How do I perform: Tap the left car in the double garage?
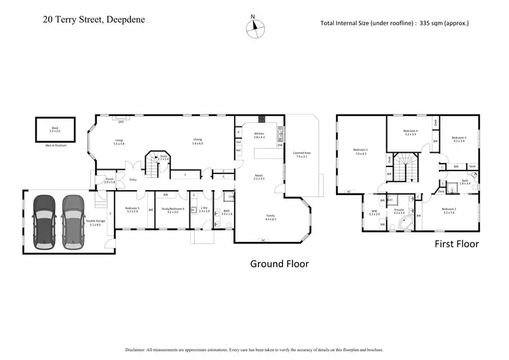(x=44, y=217)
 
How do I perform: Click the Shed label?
(x=54, y=128)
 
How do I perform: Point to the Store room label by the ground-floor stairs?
(x=163, y=158)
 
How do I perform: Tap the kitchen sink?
(x=280, y=134)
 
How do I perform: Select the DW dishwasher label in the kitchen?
(x=280, y=145)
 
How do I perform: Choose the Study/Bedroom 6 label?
(x=170, y=209)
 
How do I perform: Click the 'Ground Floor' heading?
(x=279, y=264)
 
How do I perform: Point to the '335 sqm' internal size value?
(x=427, y=23)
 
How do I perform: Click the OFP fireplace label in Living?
(x=121, y=122)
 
